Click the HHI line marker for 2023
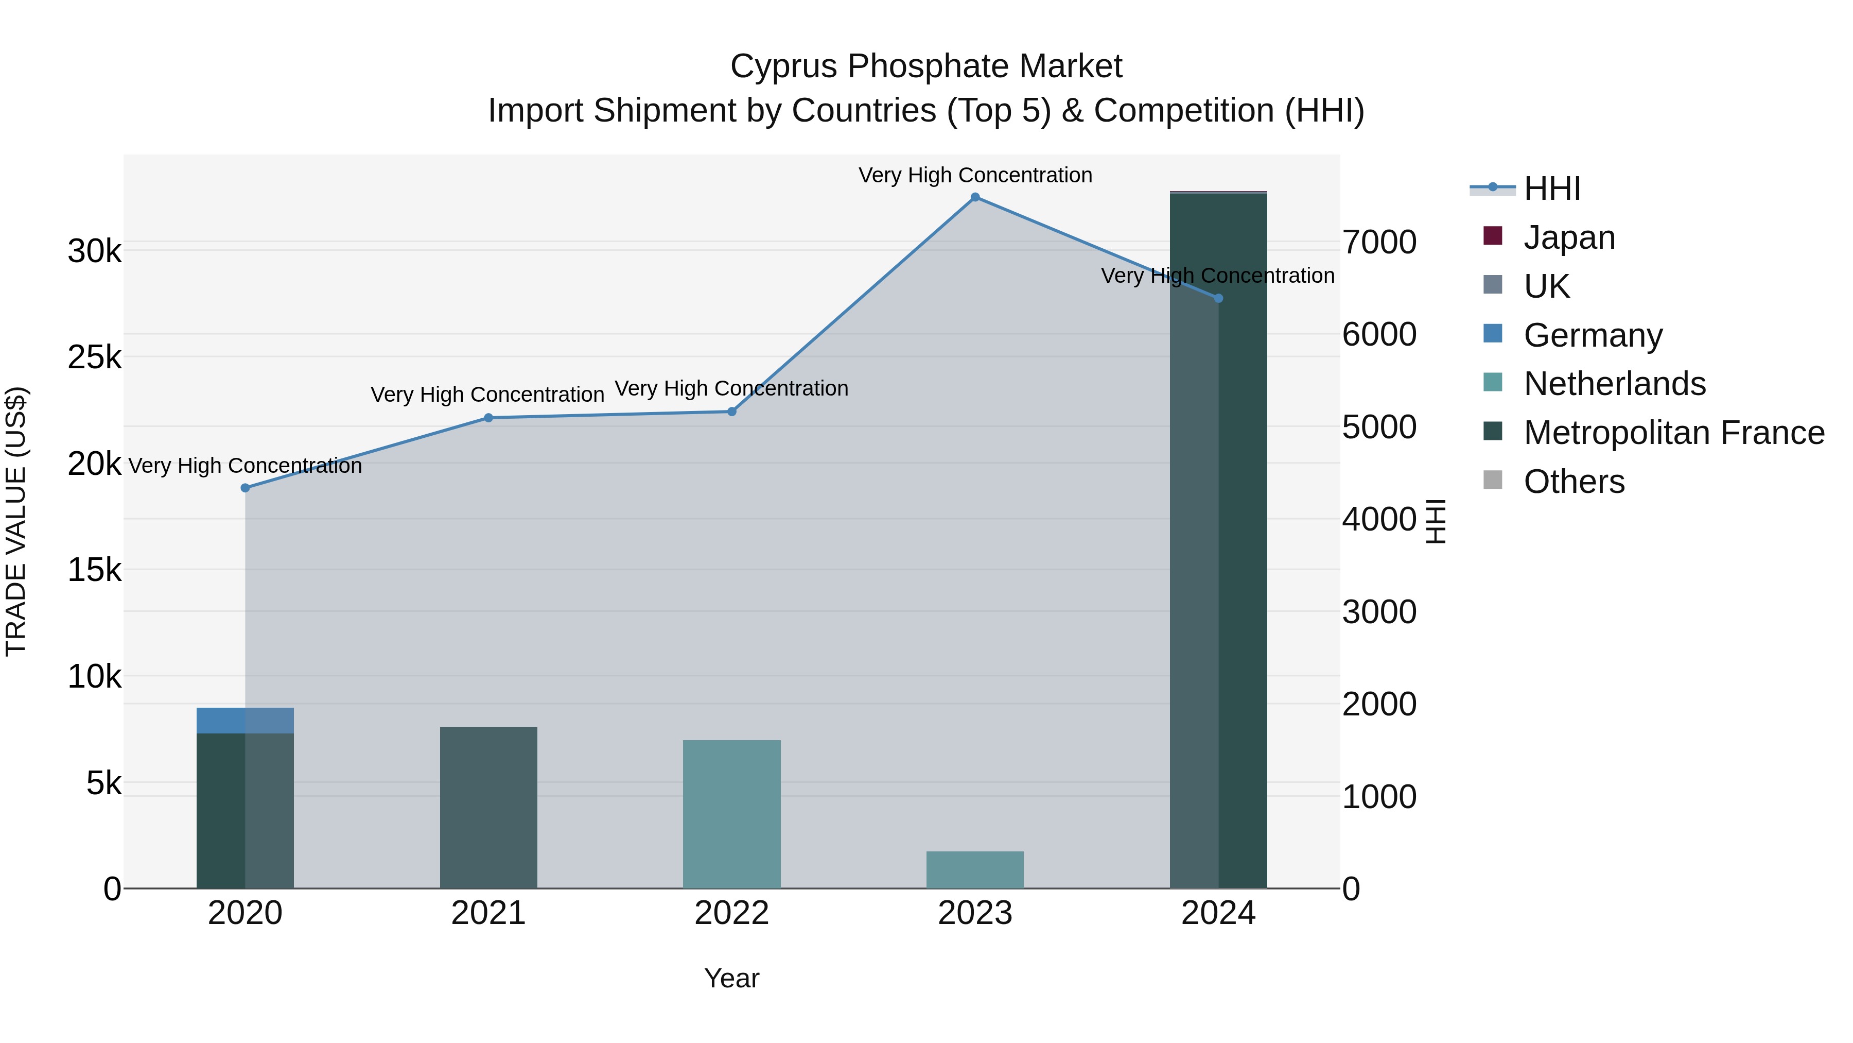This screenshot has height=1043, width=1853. click(x=975, y=197)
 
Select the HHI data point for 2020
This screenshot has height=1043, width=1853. click(x=246, y=488)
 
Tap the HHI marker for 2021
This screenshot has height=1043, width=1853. click(x=488, y=418)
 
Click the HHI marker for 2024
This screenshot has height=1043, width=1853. click(x=1218, y=298)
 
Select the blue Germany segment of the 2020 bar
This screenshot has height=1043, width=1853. click(x=246, y=721)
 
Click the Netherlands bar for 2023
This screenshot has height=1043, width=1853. click(x=975, y=870)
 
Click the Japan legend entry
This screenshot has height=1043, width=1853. click(x=1569, y=237)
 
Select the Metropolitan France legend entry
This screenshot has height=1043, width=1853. click(x=1674, y=433)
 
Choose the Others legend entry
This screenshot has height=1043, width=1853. click(x=1574, y=482)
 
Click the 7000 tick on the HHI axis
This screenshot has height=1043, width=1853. click(x=1379, y=243)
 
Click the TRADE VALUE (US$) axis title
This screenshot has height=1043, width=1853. click(x=16, y=521)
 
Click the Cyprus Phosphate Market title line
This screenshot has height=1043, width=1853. click(x=926, y=67)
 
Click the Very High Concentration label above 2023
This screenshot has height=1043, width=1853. click(x=975, y=176)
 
